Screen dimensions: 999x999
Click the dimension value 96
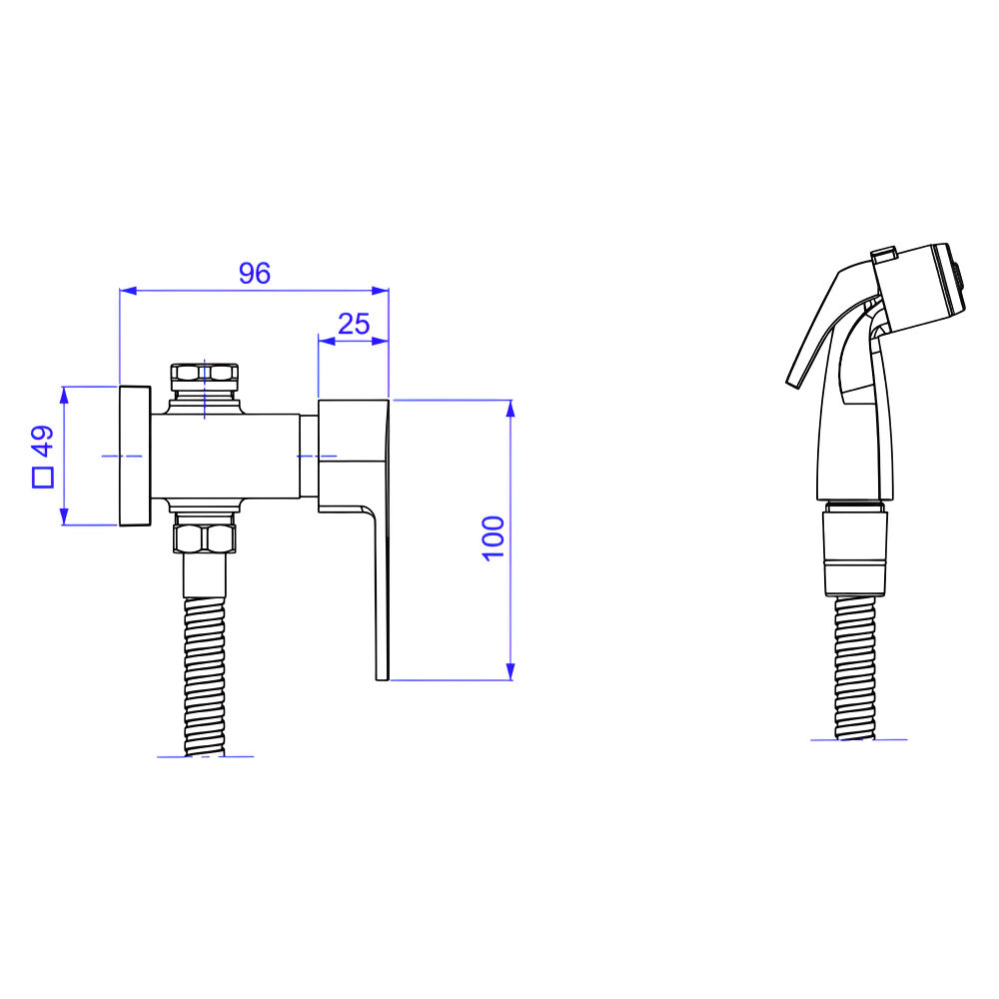(x=255, y=273)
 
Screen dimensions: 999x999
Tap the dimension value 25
(x=354, y=324)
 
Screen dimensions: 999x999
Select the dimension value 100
(x=494, y=538)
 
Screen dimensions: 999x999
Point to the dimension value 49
(x=43, y=441)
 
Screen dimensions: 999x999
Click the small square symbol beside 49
(x=43, y=478)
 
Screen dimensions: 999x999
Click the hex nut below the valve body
(x=204, y=538)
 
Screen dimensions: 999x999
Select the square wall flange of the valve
(x=135, y=456)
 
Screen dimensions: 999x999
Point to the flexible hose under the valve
(x=204, y=676)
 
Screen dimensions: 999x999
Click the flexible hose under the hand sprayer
(x=854, y=667)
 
